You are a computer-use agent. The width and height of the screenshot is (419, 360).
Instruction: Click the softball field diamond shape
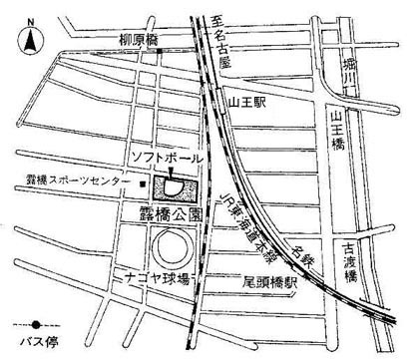[172, 184]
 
